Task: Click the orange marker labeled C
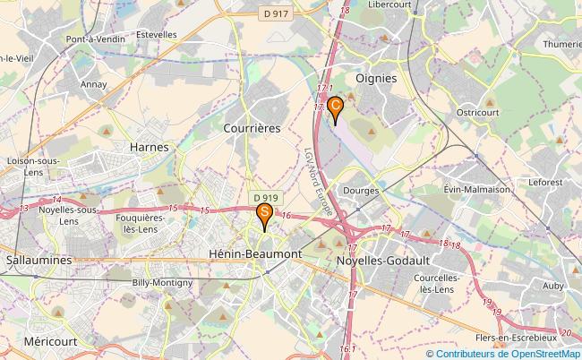pos(335,107)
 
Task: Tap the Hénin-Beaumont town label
pos(254,254)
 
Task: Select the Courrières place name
pos(252,128)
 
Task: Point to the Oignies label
pos(376,78)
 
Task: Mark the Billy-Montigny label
pos(162,282)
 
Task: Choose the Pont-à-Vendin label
pos(96,40)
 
